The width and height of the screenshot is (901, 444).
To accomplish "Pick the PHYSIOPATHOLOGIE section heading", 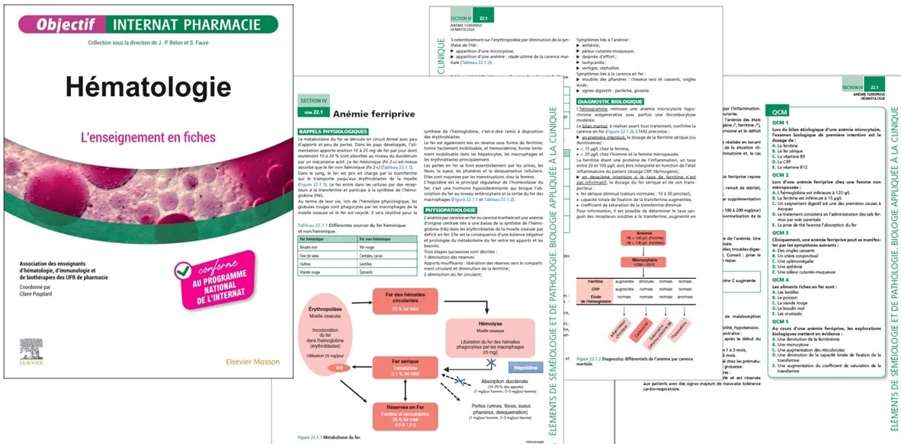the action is [x=452, y=209].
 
